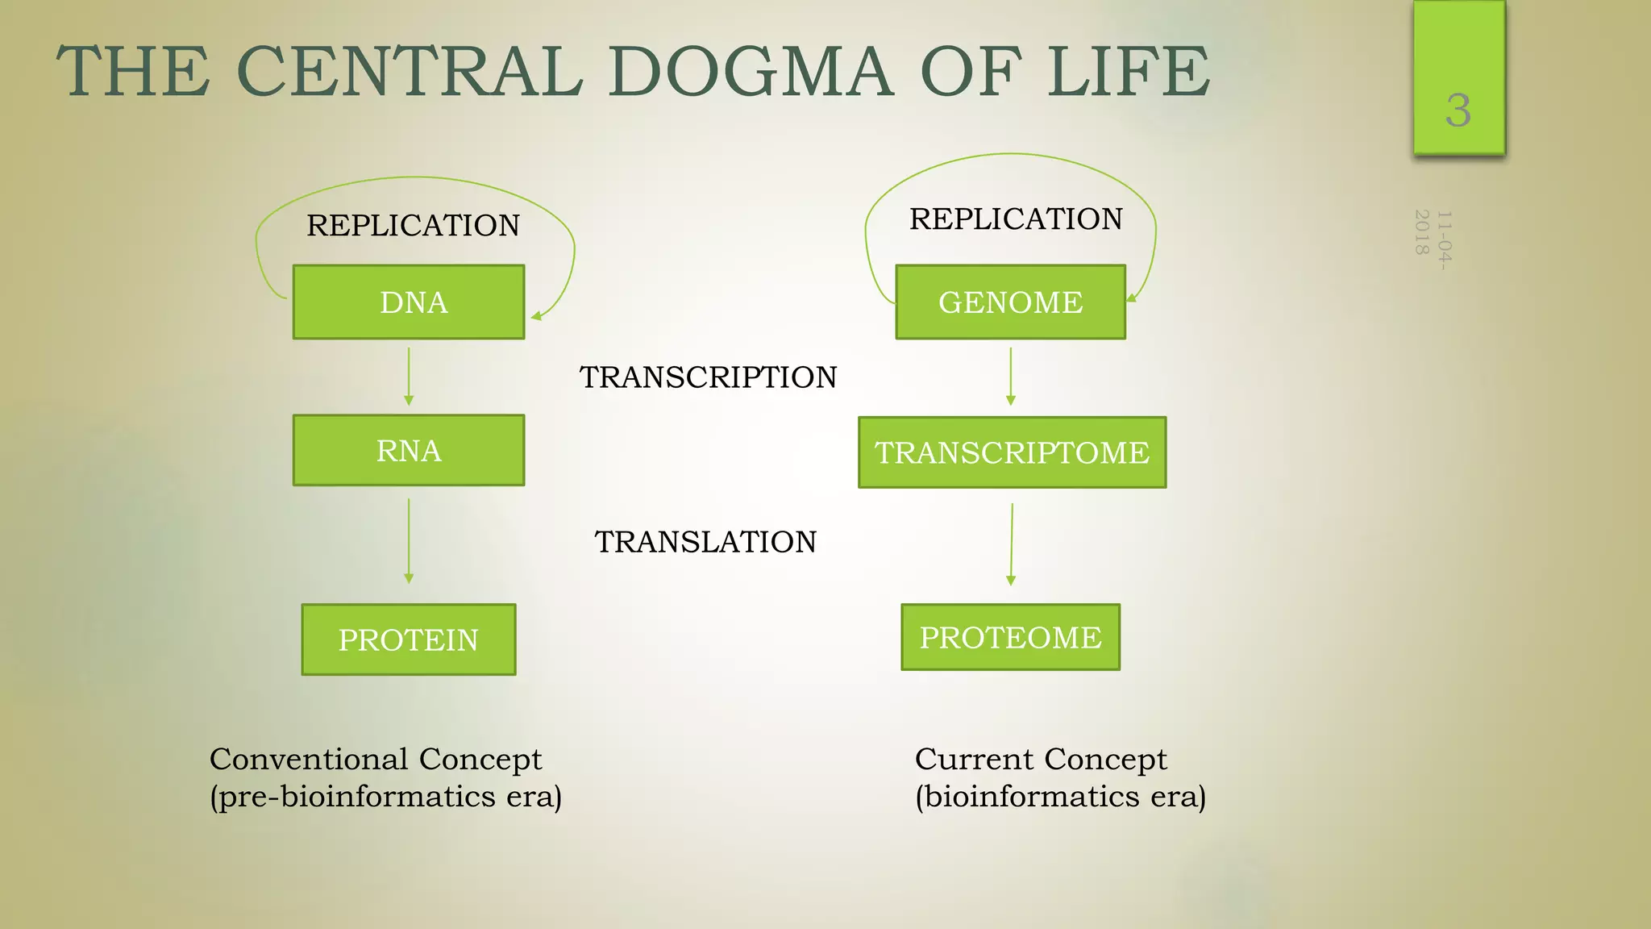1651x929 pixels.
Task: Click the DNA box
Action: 409,302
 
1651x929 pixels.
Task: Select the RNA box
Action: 409,450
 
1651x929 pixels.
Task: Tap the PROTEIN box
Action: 409,639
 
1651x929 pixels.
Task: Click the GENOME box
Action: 1010,302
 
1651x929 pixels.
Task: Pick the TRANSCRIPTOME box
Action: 1012,452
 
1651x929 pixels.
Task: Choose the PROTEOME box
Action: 1010,637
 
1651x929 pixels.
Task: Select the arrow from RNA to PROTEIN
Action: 409,540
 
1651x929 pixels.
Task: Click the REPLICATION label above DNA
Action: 413,225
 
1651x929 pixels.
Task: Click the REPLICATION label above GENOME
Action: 1016,219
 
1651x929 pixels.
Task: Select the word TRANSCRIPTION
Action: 708,377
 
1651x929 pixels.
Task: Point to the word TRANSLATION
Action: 705,542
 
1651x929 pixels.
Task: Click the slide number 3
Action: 1458,110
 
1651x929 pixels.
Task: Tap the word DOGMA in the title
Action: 750,72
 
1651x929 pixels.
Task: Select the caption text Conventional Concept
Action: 376,759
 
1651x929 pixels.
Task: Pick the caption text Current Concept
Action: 1040,759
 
